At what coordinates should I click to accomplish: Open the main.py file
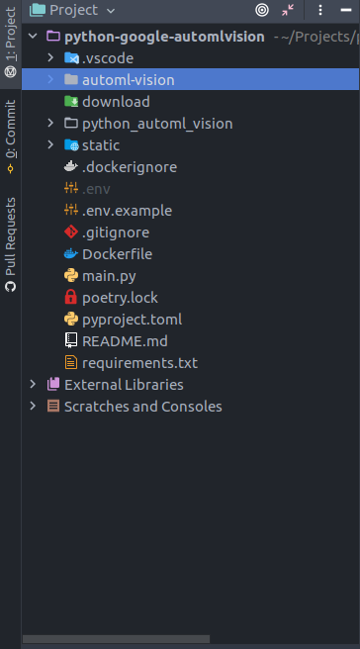point(109,275)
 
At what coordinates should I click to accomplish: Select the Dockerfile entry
point(117,254)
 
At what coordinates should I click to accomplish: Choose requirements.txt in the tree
point(139,362)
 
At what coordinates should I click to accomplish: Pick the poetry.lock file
point(120,297)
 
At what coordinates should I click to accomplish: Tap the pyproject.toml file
point(132,319)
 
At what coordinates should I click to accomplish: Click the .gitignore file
point(116,232)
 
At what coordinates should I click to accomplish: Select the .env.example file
point(127,211)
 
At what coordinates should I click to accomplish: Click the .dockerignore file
point(130,167)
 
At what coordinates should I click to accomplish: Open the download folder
point(116,102)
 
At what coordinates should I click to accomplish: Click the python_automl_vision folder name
point(157,124)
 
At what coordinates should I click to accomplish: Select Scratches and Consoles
point(142,406)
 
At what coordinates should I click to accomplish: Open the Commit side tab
point(10,130)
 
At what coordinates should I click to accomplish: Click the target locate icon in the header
point(262,10)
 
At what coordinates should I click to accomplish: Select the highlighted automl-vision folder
point(121,80)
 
